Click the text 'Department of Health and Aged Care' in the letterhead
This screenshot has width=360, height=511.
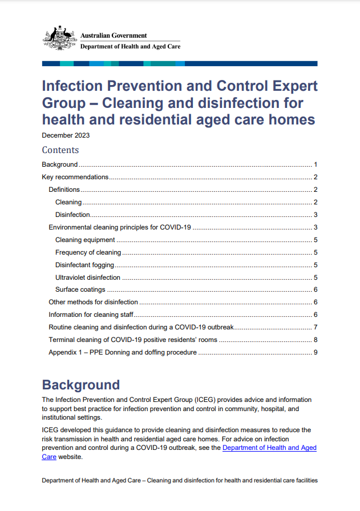pos(130,47)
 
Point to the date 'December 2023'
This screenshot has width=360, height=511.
pos(66,136)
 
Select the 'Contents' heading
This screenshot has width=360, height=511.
pos(60,150)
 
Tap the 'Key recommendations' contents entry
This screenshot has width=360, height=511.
pos(75,177)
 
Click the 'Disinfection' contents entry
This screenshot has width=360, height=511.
pos(72,215)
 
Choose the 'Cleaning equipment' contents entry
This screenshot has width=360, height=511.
pos(85,240)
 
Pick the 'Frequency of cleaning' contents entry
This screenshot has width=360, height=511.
pos(88,252)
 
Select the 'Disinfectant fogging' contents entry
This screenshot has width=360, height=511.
pos(84,265)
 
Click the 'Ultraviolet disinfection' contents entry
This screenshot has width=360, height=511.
pos(88,277)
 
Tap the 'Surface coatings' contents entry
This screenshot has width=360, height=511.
pos(80,289)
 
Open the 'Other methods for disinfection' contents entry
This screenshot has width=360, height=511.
pos(93,302)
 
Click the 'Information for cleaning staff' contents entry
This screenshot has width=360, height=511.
pos(91,315)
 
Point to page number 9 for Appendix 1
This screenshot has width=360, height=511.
pos(315,352)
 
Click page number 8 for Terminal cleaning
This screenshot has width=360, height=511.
pos(315,340)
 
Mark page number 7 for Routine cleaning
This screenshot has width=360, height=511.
pos(315,327)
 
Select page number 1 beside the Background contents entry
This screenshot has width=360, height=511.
pos(315,164)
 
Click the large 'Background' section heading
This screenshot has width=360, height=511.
pos(81,384)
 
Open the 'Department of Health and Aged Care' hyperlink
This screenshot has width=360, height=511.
pos(269,448)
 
